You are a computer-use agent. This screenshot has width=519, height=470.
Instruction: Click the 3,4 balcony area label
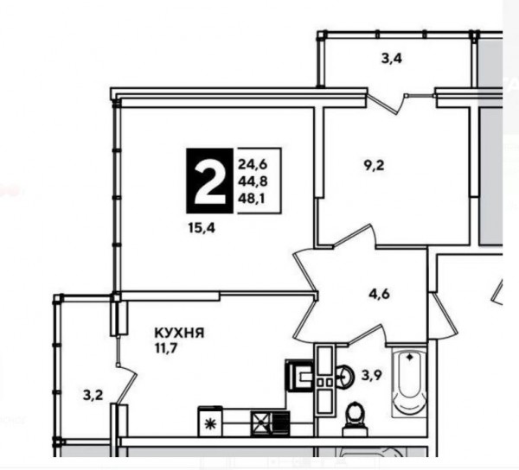(392, 59)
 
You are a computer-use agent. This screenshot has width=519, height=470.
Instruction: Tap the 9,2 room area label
(374, 165)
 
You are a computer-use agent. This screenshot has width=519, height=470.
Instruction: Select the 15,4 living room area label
(202, 228)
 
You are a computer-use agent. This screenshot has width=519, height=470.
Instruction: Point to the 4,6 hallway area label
(380, 294)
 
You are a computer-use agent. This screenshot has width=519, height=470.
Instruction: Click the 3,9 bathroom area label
(372, 376)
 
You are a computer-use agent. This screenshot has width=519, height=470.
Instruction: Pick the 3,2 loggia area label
(93, 396)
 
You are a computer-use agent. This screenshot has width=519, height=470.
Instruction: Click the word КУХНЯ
(179, 333)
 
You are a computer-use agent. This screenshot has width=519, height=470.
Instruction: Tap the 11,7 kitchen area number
(166, 348)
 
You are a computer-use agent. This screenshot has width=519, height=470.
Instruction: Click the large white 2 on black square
(210, 181)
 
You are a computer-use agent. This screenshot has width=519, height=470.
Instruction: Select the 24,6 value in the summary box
(253, 164)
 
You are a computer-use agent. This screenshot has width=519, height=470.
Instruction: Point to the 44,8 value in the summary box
(253, 181)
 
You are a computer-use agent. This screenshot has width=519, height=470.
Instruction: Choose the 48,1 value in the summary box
(253, 199)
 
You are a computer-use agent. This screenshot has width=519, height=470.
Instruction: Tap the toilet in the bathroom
(355, 418)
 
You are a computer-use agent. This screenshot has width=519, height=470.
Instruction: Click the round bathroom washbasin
(344, 376)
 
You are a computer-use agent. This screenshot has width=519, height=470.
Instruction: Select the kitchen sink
(299, 376)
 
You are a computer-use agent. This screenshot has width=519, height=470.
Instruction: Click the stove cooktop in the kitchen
(271, 423)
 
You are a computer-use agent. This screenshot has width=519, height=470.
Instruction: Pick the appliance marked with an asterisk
(210, 422)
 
